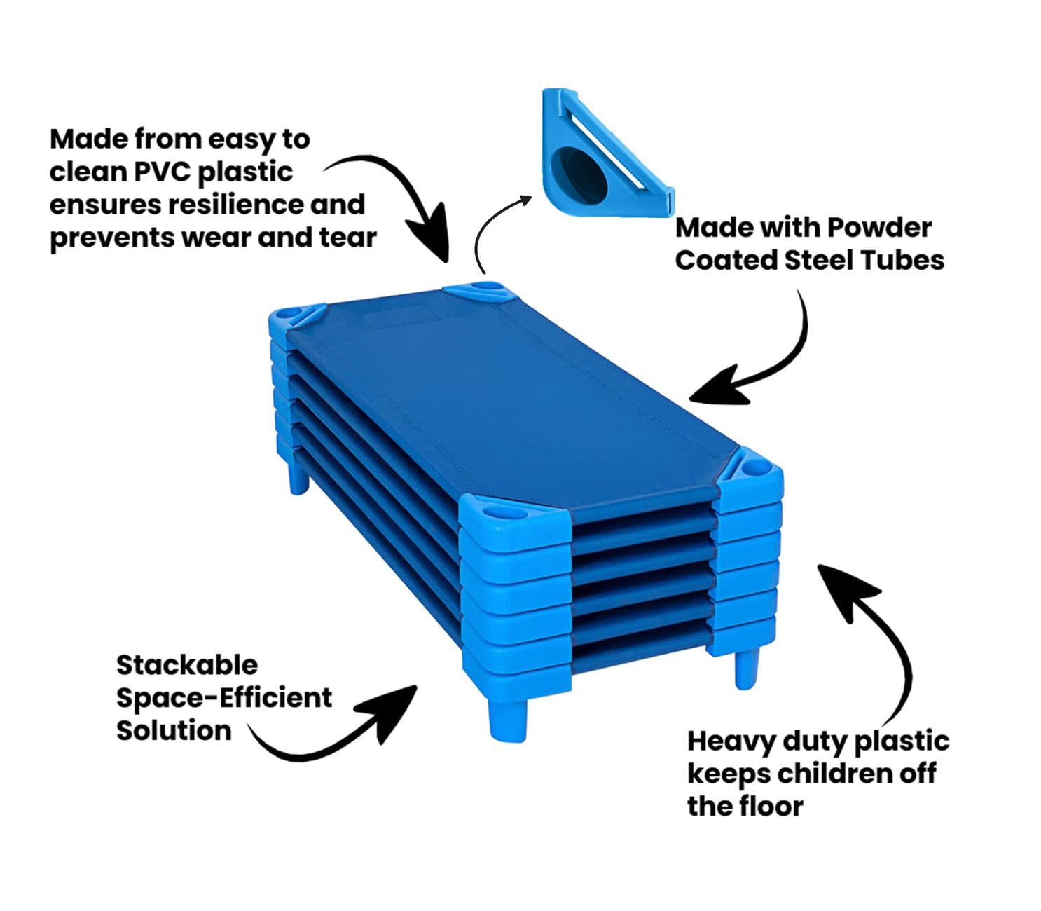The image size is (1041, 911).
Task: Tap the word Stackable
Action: pyautogui.click(x=187, y=665)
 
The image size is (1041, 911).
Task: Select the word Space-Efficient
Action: pyautogui.click(x=224, y=698)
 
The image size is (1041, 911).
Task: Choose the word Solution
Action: pyautogui.click(x=174, y=730)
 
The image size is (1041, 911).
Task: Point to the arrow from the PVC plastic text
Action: pyautogui.click(x=406, y=203)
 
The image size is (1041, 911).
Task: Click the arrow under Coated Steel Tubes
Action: pyautogui.click(x=757, y=357)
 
